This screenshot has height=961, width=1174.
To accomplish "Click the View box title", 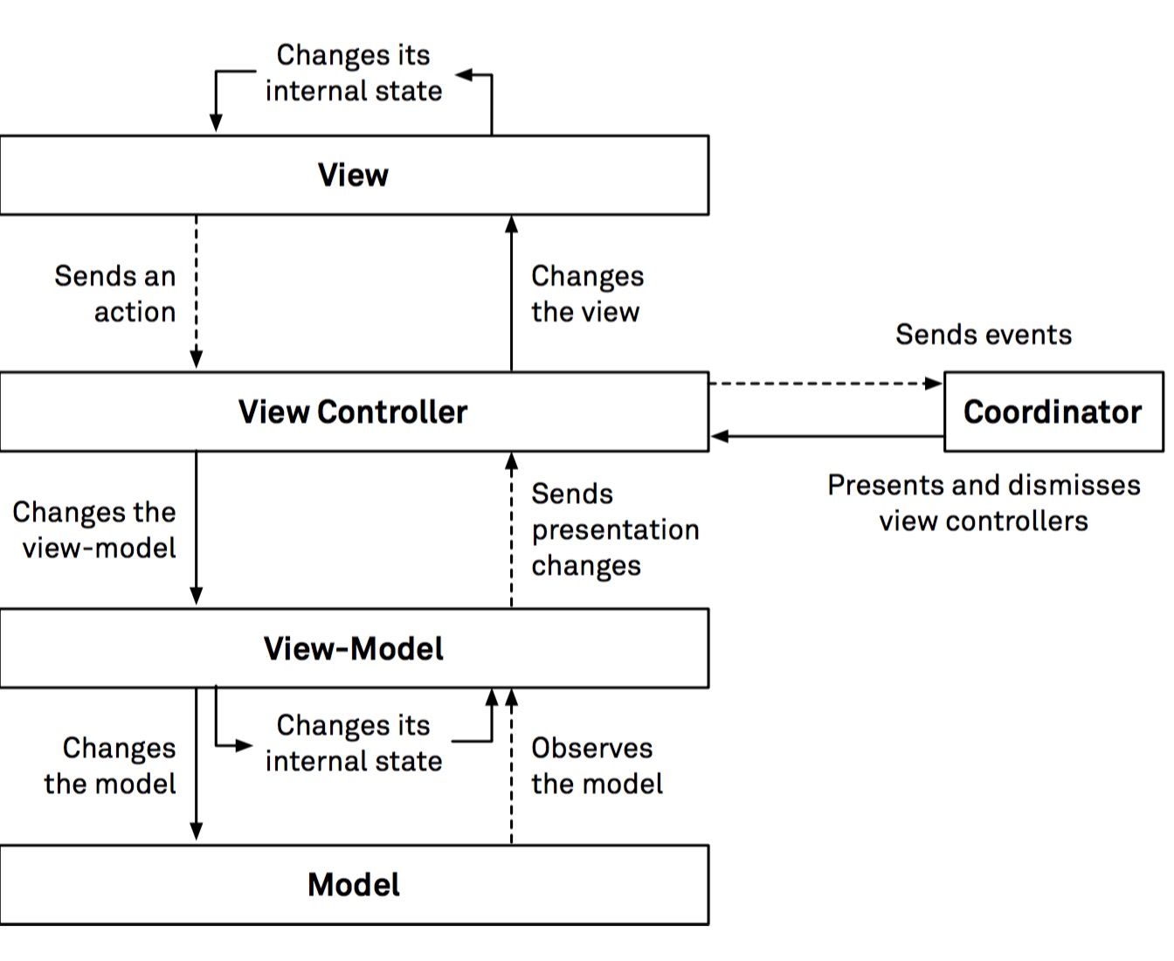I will (353, 175).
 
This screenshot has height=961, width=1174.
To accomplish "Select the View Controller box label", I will (353, 411).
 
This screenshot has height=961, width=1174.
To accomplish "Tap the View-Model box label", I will (353, 648).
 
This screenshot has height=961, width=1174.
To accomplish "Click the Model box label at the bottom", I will (353, 884).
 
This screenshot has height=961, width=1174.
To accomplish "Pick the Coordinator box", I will (1053, 411).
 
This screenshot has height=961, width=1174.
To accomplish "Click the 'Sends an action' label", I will (115, 294).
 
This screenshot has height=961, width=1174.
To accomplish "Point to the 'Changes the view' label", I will (587, 294).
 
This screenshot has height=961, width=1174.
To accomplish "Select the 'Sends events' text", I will (984, 334).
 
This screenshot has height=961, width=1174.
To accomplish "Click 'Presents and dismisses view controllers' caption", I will (984, 502).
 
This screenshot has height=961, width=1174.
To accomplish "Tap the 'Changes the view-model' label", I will (94, 529).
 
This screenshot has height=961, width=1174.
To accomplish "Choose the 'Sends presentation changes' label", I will (615, 529).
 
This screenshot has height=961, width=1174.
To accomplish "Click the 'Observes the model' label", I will (597, 765).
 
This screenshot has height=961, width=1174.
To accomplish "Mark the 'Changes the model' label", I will (111, 765).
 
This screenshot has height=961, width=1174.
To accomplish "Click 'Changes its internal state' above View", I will (353, 73).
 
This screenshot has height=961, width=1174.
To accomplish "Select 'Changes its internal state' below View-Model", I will (353, 743).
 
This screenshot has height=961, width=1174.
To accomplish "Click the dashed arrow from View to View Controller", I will (197, 293).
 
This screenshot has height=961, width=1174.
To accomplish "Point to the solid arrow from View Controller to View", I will (512, 293).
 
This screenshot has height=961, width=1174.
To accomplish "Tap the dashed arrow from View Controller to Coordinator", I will (825, 383).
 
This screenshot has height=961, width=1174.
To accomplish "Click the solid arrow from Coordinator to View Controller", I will (825, 436).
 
